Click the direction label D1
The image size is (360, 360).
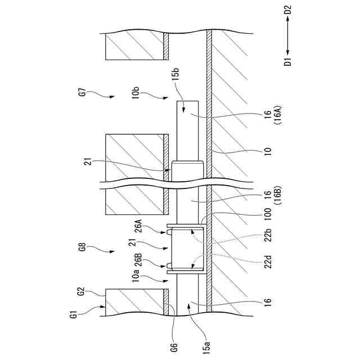point(288,60)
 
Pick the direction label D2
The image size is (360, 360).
point(288,10)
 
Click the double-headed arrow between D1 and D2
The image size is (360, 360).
point(288,35)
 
